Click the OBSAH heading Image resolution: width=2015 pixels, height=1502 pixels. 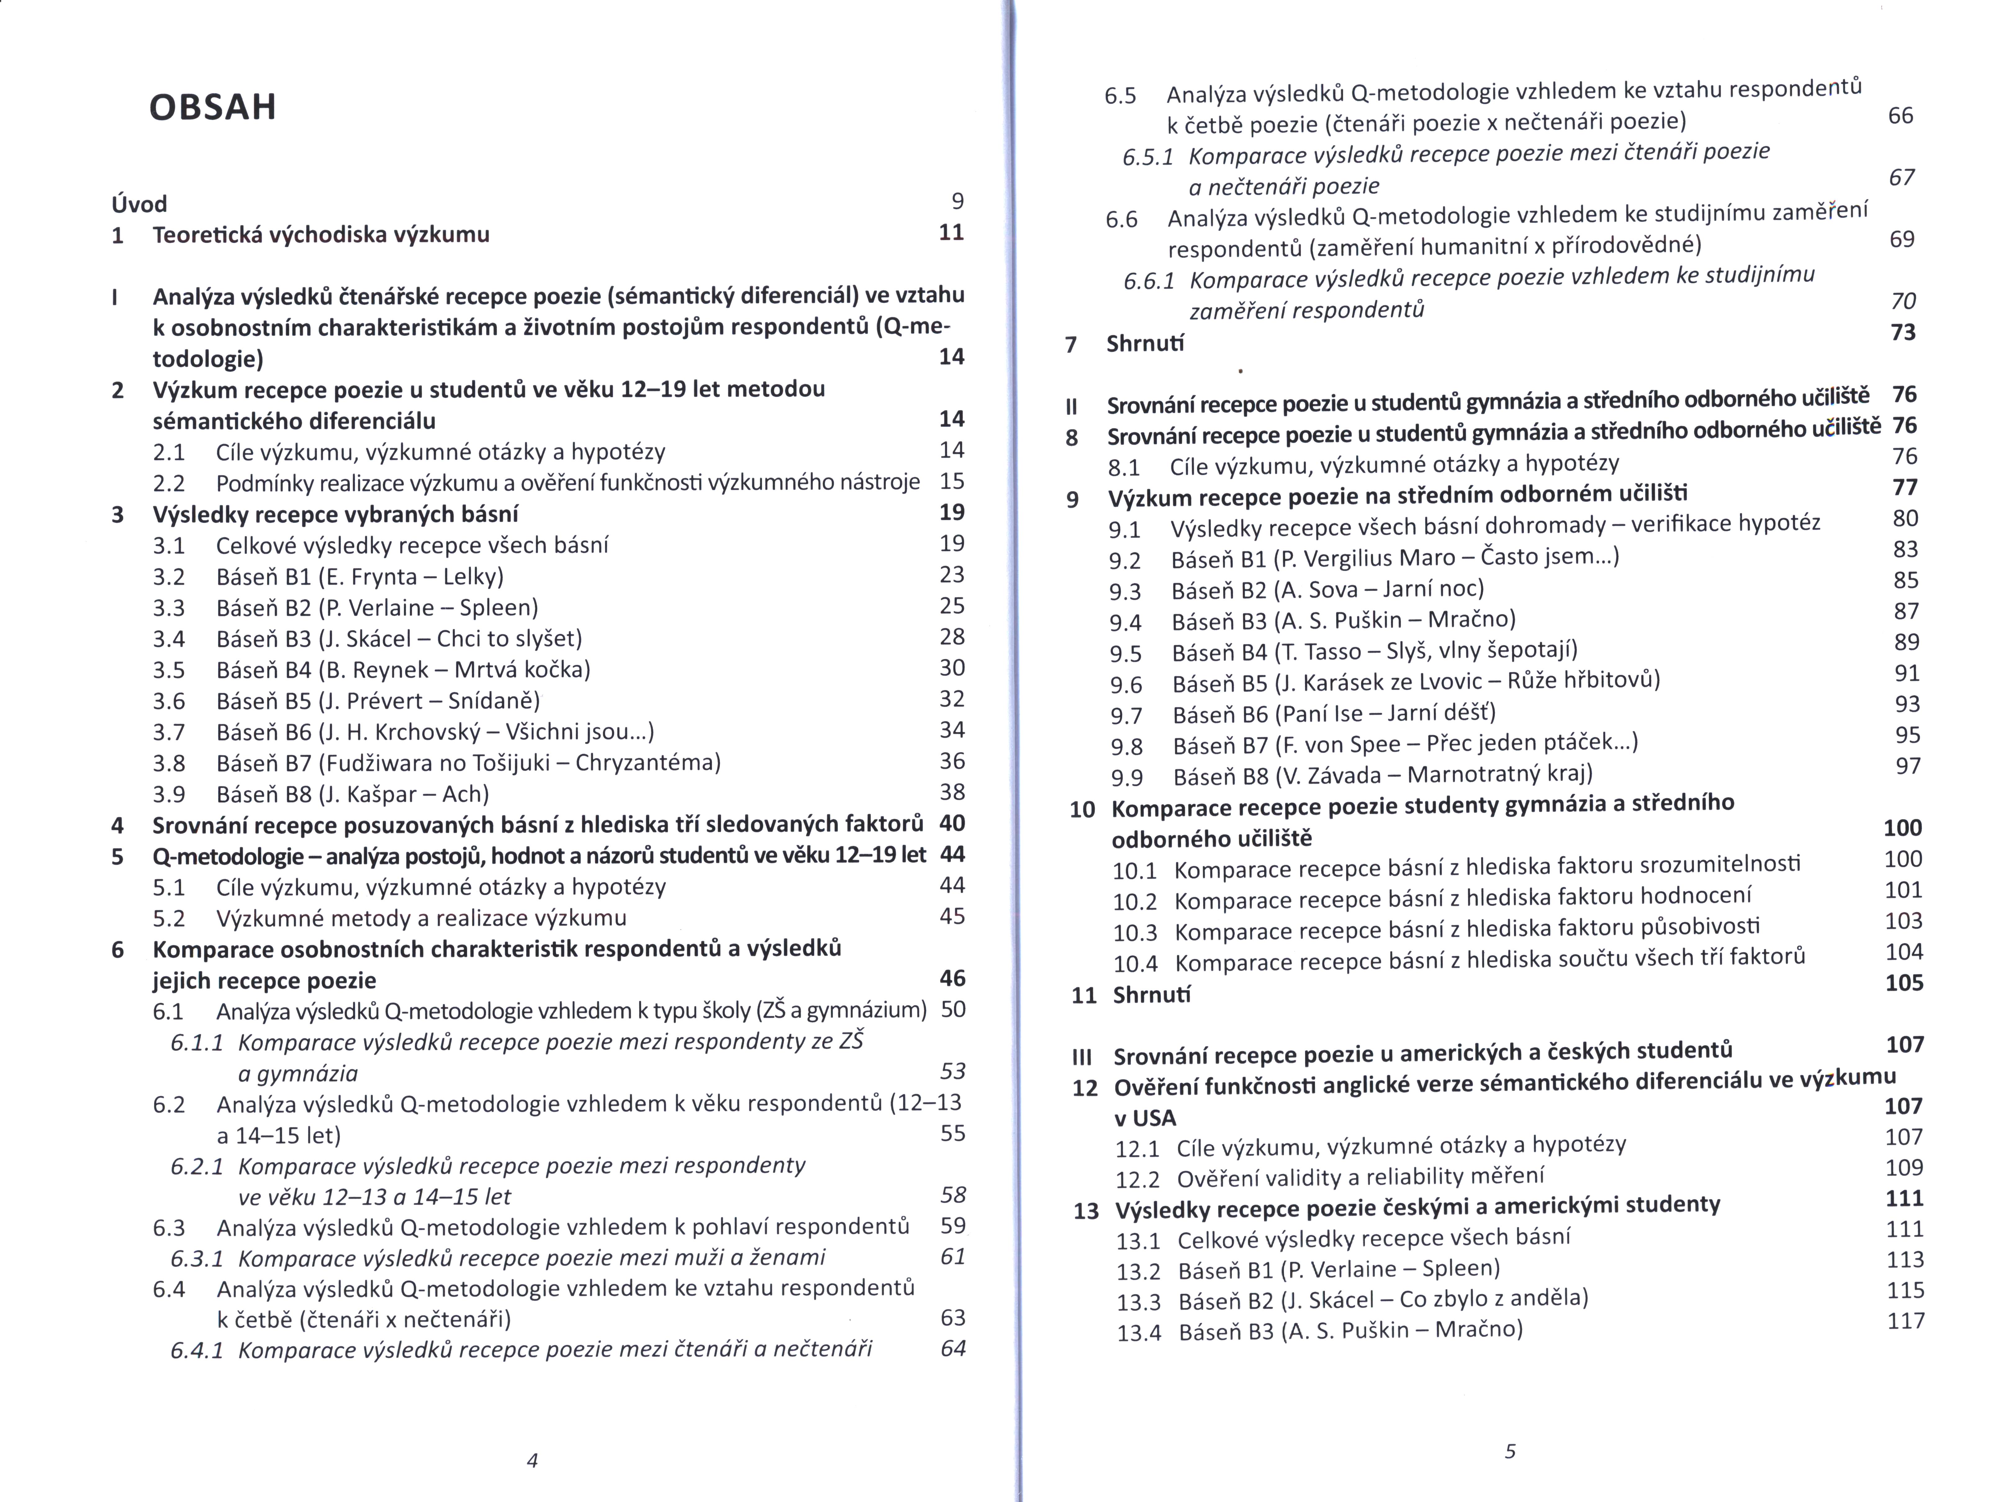[x=212, y=107]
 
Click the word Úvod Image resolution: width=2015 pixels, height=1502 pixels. [x=138, y=204]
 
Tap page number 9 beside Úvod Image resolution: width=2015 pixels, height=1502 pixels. [x=956, y=201]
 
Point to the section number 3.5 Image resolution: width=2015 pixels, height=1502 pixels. [x=169, y=670]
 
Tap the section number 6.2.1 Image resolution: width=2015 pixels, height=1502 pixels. [x=197, y=1166]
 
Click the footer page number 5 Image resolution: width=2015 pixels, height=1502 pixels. [x=1510, y=1451]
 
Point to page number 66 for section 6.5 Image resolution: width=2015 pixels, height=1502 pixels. [x=1900, y=115]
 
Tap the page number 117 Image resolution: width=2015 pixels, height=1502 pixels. [x=1906, y=1320]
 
